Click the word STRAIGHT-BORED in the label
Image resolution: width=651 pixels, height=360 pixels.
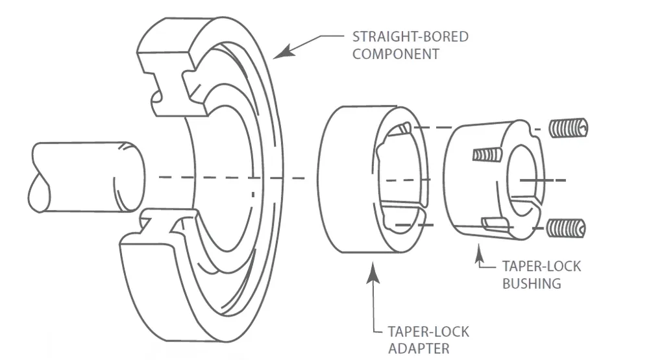[410, 36]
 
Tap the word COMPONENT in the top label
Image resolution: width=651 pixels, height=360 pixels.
[395, 54]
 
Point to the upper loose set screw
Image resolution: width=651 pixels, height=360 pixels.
[569, 128]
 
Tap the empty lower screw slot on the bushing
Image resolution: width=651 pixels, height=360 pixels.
[494, 224]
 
